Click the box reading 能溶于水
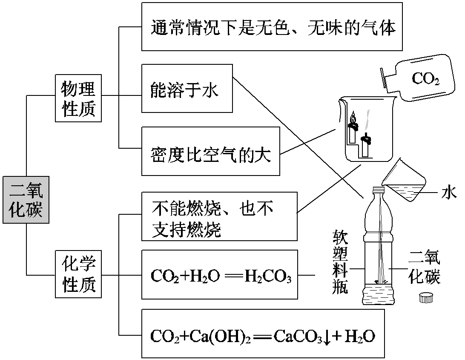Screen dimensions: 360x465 pos(187,89)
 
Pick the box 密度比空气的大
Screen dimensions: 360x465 pos(211,151)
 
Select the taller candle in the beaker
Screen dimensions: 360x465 pos(352,130)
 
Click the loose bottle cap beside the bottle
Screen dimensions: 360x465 pos(425,297)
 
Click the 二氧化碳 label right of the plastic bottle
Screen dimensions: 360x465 pos(424,266)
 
